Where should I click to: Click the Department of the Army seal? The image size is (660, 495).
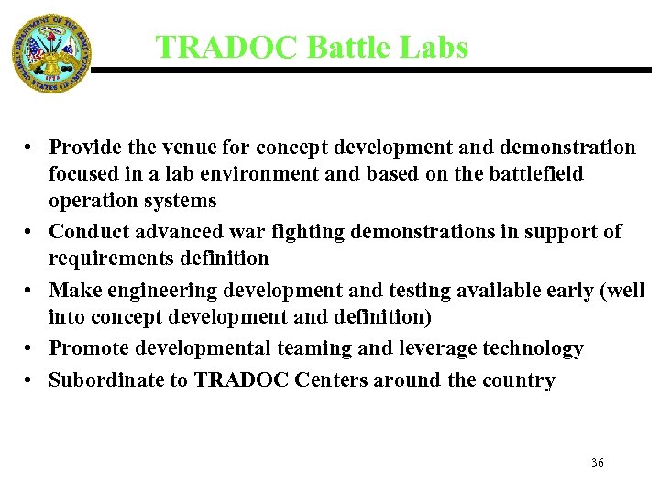tap(52, 52)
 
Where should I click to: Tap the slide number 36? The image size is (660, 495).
tap(597, 463)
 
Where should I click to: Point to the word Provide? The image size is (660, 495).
tap(85, 148)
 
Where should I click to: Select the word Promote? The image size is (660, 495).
tap(88, 348)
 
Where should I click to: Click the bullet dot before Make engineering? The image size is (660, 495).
tap(30, 291)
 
